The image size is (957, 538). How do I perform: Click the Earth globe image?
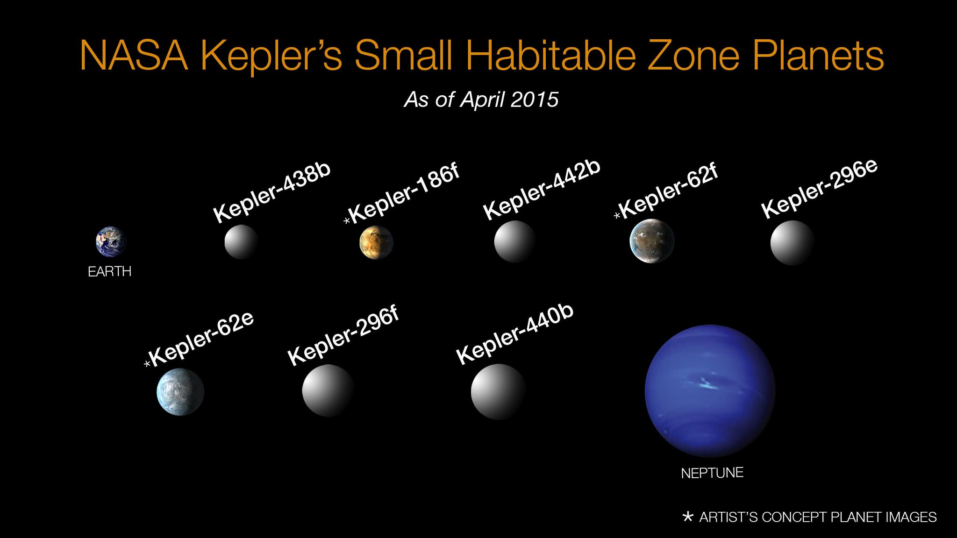[111, 242]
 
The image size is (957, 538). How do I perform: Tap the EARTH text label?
[109, 272]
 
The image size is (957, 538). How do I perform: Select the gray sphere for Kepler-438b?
[241, 242]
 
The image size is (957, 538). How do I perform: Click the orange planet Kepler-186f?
[376, 242]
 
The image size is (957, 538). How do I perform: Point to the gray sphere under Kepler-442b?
[514, 241]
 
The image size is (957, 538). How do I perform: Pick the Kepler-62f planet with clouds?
[652, 241]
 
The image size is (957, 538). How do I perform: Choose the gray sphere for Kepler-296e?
[792, 243]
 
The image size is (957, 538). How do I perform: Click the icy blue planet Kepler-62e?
[180, 391]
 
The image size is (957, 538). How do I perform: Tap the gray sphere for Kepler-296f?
[327, 390]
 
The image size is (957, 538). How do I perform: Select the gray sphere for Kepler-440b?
[498, 391]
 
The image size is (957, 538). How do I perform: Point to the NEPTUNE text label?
[712, 473]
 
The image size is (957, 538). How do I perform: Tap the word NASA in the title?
[134, 56]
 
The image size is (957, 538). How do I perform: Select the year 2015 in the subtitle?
[535, 99]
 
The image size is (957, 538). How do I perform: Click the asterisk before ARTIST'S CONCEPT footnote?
[687, 517]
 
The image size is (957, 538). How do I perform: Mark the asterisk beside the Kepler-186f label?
[347, 220]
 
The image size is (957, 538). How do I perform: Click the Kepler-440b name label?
[515, 334]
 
